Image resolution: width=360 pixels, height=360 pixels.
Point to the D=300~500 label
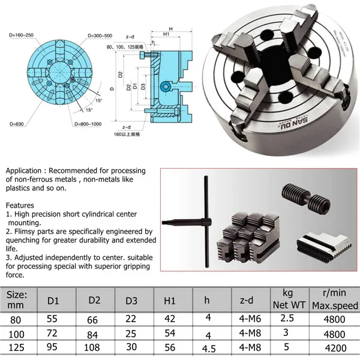click(x=104, y=37)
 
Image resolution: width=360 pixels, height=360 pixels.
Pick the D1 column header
click(x=53, y=300)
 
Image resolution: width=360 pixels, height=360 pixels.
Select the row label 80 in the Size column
click(x=14, y=319)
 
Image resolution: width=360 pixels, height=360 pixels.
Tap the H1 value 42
click(x=169, y=319)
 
